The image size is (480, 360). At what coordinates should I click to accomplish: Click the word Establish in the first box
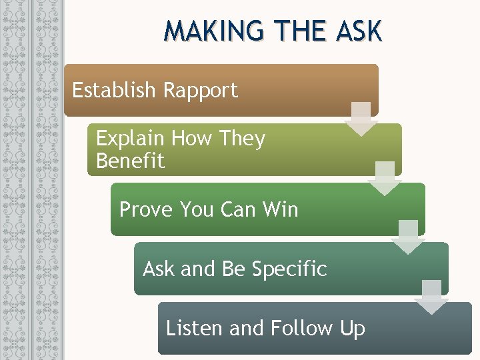113,89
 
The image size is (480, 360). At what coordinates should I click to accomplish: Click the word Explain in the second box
130,139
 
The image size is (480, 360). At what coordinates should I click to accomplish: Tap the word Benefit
130,161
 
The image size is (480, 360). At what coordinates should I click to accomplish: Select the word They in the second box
242,139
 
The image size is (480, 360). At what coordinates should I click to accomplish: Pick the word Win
280,209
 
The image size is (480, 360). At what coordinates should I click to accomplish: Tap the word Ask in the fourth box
159,269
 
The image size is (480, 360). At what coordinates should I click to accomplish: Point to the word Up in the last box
353,328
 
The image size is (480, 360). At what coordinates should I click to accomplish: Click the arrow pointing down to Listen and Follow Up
431,297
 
